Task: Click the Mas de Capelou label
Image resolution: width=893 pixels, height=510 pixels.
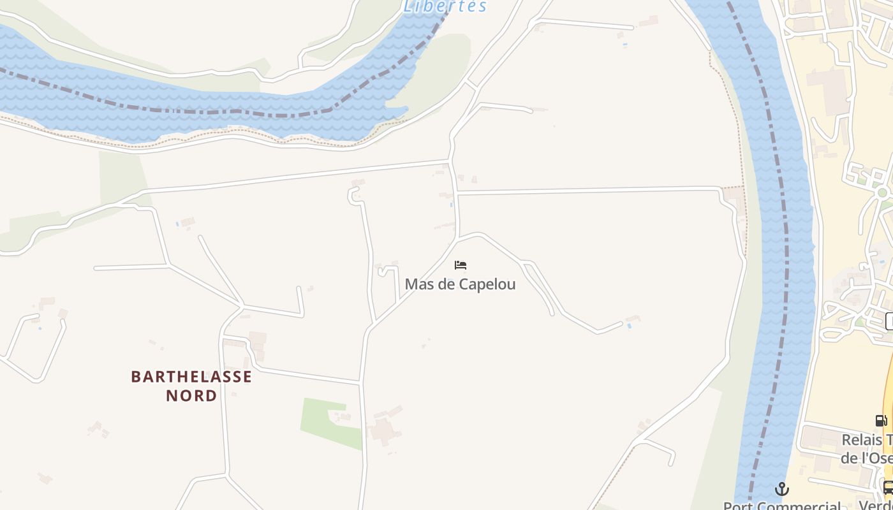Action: click(460, 284)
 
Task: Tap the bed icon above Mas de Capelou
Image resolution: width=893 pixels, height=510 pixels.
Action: click(461, 265)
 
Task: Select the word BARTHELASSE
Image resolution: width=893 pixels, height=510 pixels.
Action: click(191, 377)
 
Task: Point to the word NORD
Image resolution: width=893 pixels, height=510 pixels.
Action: click(191, 396)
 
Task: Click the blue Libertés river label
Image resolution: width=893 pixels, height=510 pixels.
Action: click(445, 6)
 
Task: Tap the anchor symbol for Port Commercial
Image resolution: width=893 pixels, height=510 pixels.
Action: click(782, 489)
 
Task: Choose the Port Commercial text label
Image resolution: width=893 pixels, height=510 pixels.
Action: click(782, 505)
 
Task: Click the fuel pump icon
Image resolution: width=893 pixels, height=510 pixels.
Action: click(881, 421)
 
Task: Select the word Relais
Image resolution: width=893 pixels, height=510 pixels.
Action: click(861, 440)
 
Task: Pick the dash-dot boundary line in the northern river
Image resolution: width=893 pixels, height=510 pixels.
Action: click(191, 111)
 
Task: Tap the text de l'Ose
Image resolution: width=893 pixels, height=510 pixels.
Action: click(866, 458)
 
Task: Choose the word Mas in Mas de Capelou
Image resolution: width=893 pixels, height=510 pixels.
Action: click(418, 284)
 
